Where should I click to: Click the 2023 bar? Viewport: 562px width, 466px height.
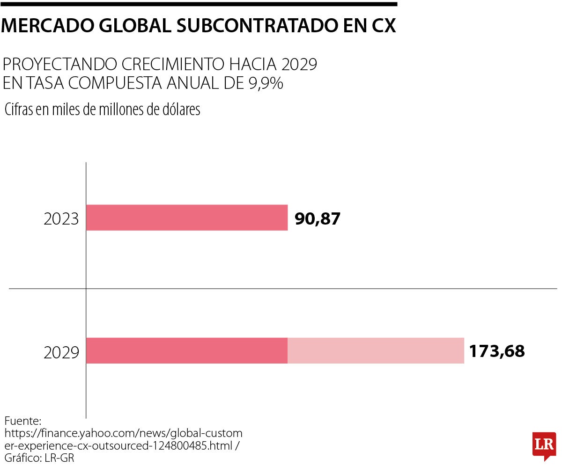[x=187, y=218]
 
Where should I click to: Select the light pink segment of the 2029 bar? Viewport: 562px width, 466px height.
[x=376, y=350]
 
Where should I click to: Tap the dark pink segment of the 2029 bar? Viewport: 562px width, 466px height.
[x=187, y=350]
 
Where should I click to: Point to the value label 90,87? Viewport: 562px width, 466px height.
[x=317, y=218]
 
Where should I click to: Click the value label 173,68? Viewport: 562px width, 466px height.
[x=497, y=351]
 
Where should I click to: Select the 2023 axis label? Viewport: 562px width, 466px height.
[x=61, y=219]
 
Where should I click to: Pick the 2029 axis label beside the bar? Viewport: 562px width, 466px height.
[x=61, y=352]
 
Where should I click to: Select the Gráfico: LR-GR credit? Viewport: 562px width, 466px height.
[x=39, y=457]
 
